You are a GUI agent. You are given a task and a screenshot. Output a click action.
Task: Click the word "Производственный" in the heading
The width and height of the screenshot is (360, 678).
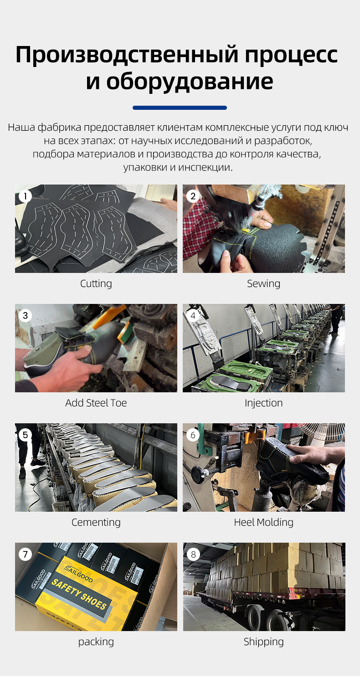(x=127, y=55)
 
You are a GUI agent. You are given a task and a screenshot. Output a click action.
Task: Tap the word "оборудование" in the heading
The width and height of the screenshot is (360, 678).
(x=190, y=82)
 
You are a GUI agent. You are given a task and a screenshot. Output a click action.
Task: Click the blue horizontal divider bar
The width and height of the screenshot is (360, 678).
(x=180, y=108)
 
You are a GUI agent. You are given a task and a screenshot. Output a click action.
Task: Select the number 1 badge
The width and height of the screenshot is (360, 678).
(x=25, y=196)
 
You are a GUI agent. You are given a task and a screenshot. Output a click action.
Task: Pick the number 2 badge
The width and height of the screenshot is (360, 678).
(x=193, y=196)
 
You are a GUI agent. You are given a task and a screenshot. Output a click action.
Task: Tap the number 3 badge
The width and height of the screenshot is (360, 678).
(x=25, y=316)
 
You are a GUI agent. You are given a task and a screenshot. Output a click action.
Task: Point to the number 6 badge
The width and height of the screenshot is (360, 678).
(x=193, y=435)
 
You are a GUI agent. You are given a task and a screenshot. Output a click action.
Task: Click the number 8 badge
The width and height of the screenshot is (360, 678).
(x=193, y=554)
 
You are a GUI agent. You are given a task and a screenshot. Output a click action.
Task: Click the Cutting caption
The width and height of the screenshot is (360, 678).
(x=96, y=283)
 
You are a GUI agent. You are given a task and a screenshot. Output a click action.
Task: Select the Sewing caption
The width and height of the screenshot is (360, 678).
(x=264, y=283)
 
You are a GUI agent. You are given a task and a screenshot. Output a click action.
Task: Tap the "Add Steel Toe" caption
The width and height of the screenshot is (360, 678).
(x=96, y=403)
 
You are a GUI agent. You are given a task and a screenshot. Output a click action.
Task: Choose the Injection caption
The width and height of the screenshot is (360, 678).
(x=264, y=403)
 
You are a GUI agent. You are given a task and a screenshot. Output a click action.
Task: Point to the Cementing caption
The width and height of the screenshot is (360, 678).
(x=96, y=523)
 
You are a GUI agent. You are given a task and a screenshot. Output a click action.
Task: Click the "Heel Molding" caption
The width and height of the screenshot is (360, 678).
(x=264, y=523)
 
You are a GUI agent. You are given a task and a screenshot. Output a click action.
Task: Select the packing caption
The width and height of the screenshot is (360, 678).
(x=96, y=642)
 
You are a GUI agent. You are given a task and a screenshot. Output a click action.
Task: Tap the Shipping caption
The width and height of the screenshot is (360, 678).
(x=264, y=642)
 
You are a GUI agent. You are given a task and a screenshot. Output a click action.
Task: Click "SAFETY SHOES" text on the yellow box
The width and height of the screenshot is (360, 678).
(x=79, y=594)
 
